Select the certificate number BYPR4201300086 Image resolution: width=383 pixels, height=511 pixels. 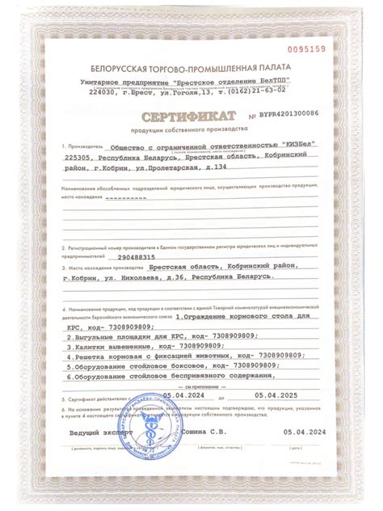pyautogui.click(x=289, y=115)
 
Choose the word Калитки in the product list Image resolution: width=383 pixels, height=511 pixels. pyautogui.click(x=90, y=343)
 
